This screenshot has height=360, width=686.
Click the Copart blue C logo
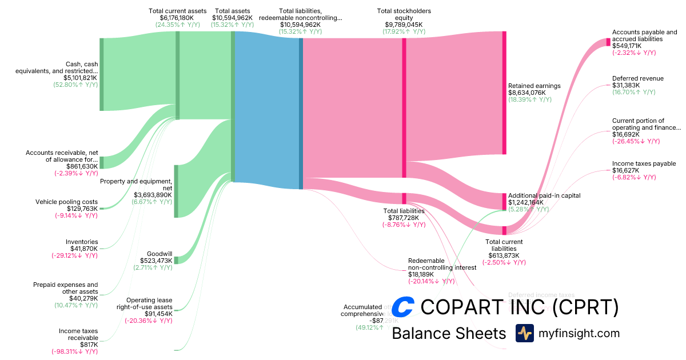404,307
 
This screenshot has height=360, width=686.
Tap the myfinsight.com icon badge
524,333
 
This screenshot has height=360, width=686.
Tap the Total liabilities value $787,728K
404,218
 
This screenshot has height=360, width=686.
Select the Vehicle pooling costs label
66,202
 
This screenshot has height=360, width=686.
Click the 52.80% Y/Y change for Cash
75,85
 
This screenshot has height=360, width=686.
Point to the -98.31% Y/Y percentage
75,351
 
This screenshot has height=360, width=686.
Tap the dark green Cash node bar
102,74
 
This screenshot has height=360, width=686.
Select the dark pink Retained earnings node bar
504,93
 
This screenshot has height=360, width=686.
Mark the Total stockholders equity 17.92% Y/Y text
404,32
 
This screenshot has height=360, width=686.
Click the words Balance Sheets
449,334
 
